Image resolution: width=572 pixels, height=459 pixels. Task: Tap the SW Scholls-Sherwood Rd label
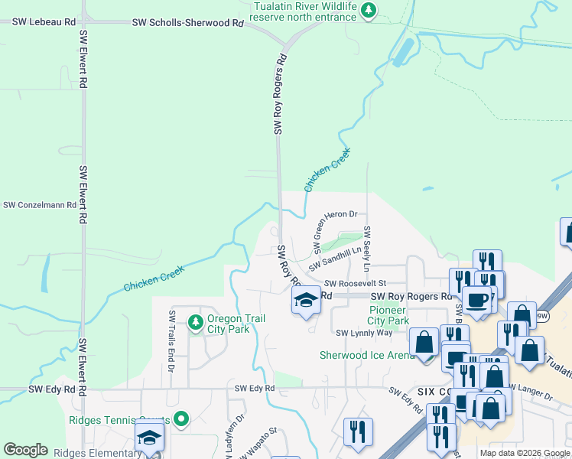(x=187, y=23)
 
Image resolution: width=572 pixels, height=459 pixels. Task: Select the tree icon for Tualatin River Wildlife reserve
(x=370, y=10)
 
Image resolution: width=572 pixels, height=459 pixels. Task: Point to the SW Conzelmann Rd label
(x=40, y=205)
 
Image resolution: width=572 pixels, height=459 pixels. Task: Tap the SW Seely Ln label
(x=367, y=249)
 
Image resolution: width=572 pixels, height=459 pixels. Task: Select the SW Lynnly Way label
(x=364, y=333)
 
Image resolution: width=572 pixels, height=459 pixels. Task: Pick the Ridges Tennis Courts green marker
(x=181, y=418)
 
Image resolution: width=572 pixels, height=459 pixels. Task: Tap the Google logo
(x=25, y=450)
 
